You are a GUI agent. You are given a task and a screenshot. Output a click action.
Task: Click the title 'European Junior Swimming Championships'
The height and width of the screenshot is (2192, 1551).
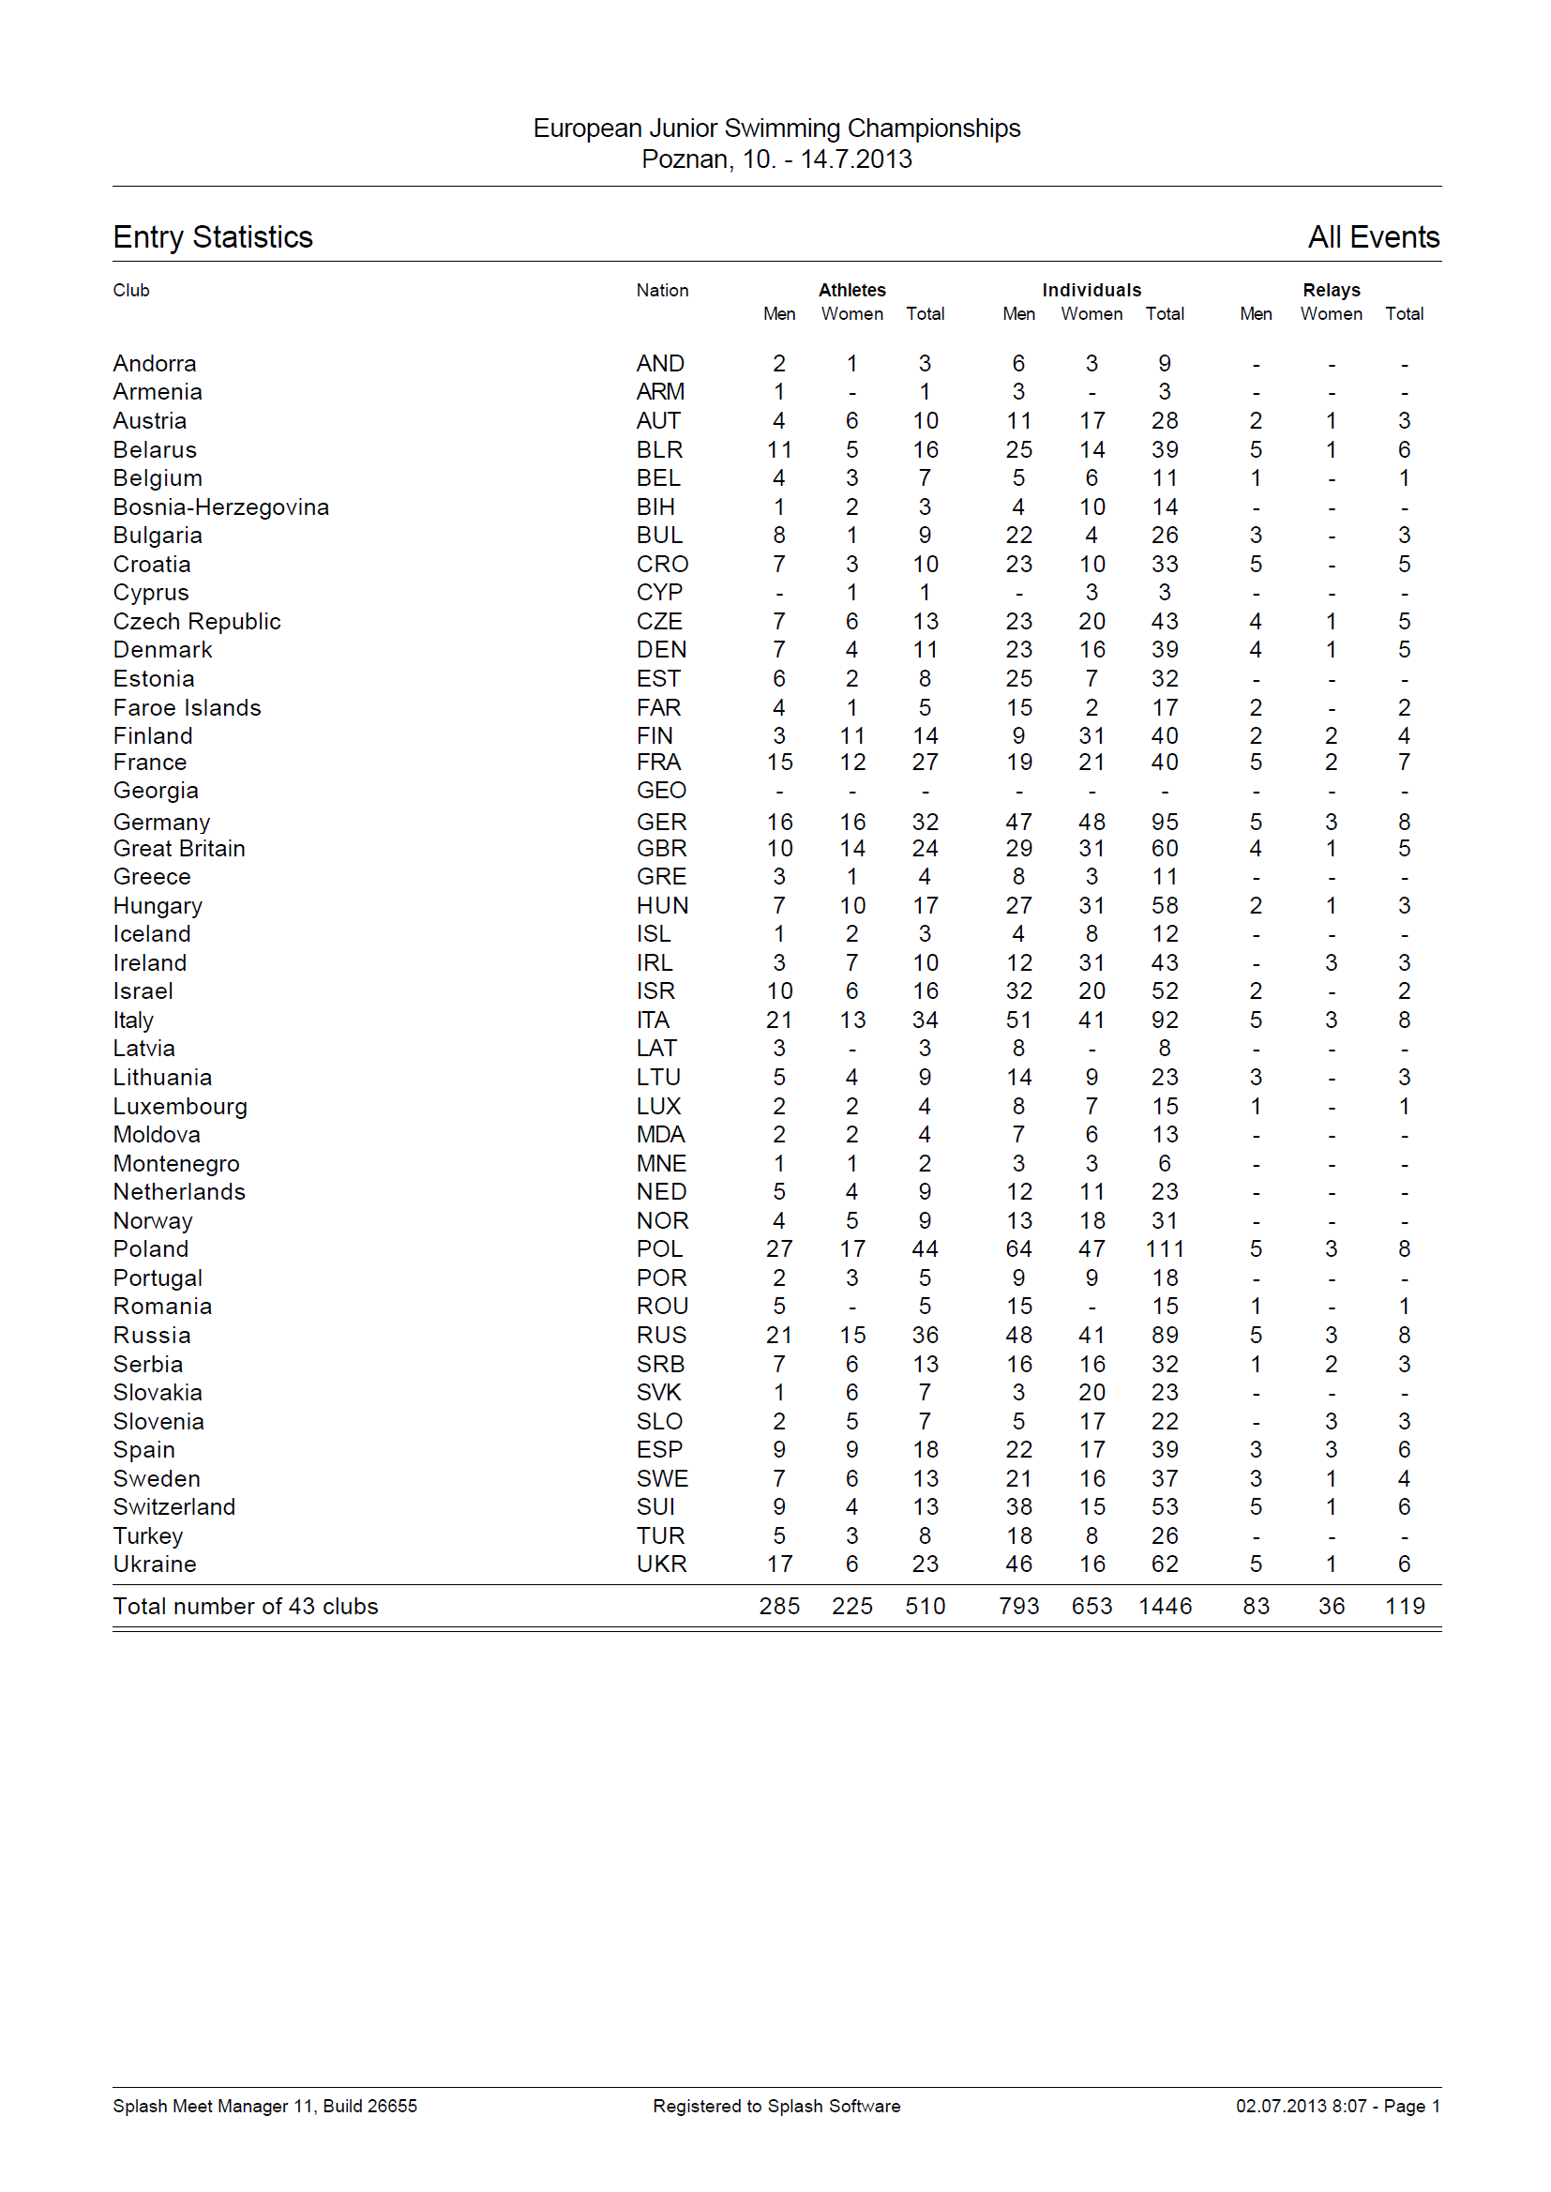coord(775,128)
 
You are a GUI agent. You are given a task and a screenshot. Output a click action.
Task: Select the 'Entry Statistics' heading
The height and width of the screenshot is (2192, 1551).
coord(213,237)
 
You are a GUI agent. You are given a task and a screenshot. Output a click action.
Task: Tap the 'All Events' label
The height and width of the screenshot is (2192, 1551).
coord(1373,237)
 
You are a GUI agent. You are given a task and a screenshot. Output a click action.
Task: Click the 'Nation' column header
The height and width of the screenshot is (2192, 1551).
coord(662,291)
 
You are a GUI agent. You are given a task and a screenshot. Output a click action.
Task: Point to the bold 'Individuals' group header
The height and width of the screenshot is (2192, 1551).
coord(1091,291)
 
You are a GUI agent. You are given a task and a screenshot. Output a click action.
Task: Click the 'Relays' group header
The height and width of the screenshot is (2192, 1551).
coord(1331,291)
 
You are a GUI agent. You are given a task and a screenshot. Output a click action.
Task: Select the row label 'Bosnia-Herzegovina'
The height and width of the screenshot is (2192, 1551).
coord(220,507)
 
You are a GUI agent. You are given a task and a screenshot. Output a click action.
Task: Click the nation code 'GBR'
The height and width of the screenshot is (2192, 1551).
coord(661,848)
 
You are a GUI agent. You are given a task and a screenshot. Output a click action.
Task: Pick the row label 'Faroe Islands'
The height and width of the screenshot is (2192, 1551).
coord(188,708)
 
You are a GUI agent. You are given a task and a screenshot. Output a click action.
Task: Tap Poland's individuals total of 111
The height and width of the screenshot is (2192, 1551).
coord(1165,1249)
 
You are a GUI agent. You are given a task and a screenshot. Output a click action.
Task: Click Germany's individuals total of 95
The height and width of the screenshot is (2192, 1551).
coord(1165,823)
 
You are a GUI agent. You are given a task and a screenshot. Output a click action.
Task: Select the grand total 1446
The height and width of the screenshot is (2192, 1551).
coord(1165,1607)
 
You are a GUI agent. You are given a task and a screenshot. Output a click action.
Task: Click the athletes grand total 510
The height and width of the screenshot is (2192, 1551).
coord(925,1607)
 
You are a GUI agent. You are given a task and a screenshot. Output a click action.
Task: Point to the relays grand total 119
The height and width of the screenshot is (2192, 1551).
coord(1404,1607)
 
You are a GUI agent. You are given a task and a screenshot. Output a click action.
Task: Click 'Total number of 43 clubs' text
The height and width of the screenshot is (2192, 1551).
coord(246,1607)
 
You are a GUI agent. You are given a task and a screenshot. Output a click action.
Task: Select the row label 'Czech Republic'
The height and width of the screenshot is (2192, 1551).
coord(197,622)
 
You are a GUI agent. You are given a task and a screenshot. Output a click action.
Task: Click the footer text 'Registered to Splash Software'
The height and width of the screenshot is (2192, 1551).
coord(775,2106)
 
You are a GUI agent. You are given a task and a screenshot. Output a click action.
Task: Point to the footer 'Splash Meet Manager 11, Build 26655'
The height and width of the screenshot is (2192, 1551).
coord(264,2106)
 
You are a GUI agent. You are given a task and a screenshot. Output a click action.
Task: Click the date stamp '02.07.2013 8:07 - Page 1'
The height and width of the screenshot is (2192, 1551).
coord(1336,2106)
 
